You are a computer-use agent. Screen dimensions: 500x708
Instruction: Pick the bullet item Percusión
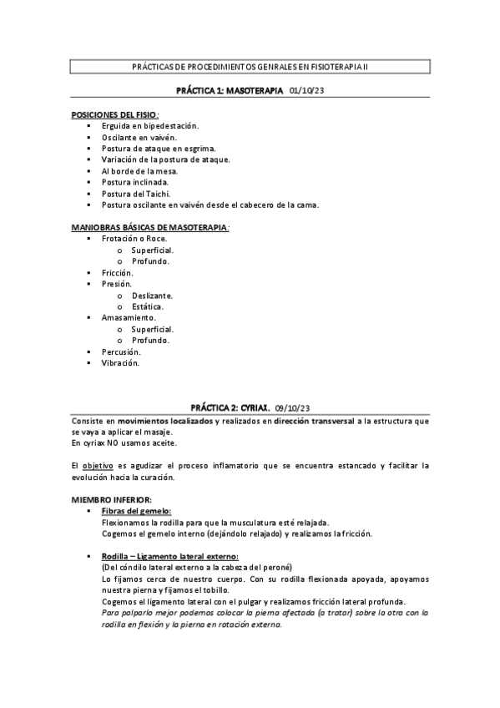pyautogui.click(x=121, y=351)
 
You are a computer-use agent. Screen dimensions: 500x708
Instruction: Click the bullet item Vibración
pyautogui.click(x=120, y=363)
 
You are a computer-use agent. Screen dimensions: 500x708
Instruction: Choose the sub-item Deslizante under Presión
pyautogui.click(x=152, y=295)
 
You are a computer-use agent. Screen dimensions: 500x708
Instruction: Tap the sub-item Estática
pyautogui.click(x=148, y=306)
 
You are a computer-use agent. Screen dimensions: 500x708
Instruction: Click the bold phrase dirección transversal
pyautogui.click(x=313, y=422)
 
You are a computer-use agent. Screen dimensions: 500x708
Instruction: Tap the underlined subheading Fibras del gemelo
pyautogui.click(x=136, y=510)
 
